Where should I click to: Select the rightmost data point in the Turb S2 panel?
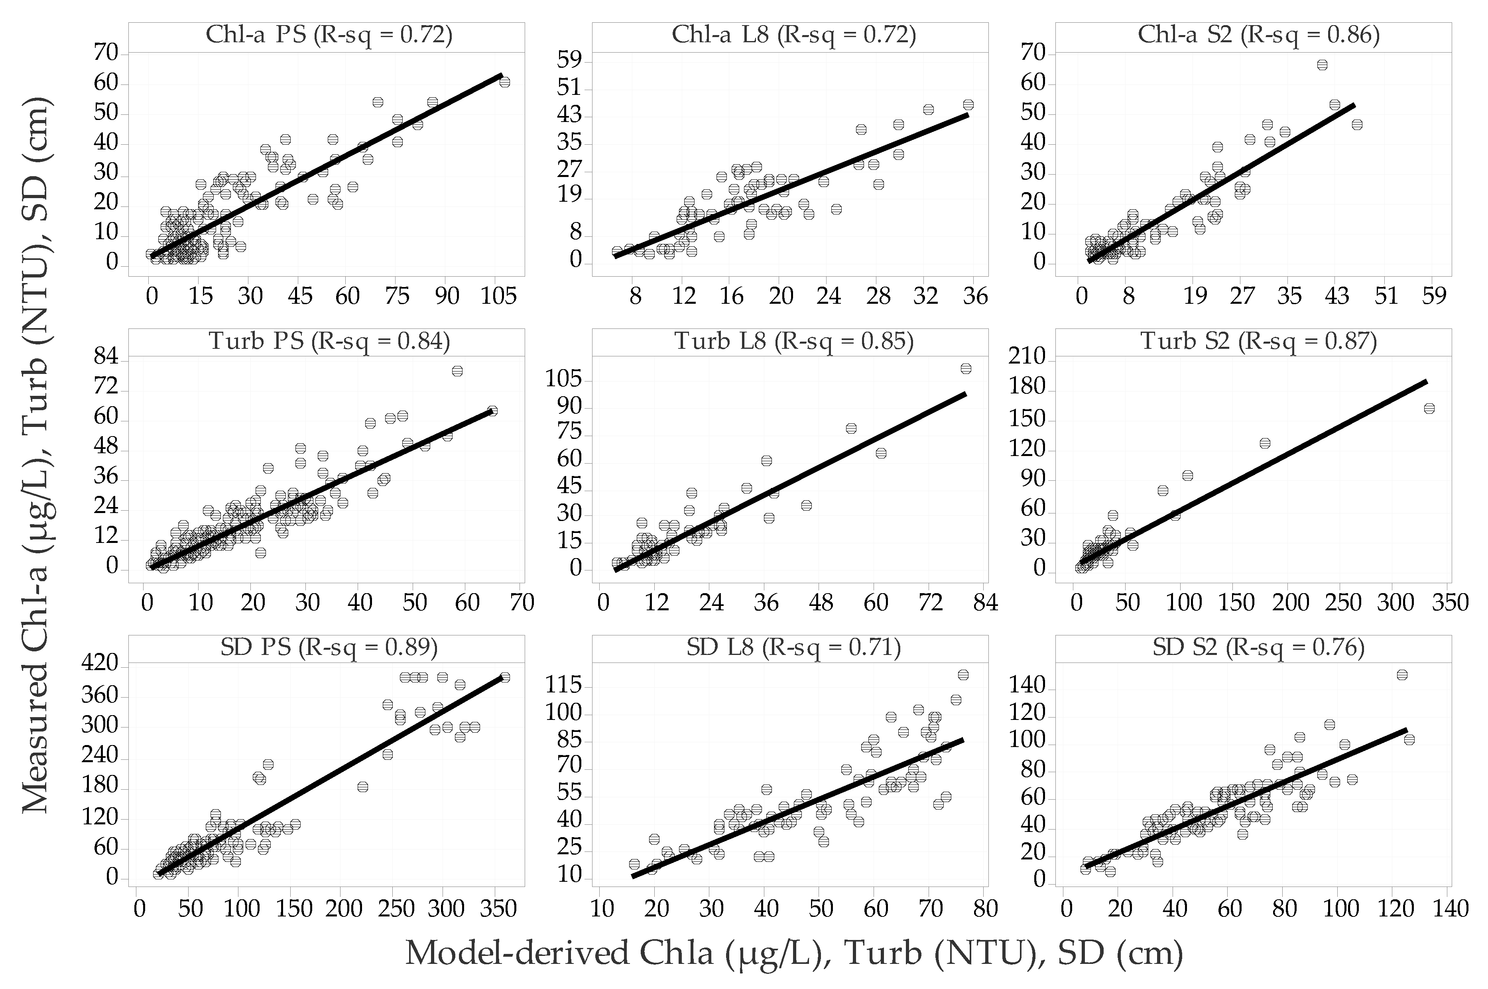click(x=1429, y=409)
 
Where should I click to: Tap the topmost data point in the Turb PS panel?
click(x=457, y=371)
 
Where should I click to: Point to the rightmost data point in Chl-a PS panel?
click(x=505, y=82)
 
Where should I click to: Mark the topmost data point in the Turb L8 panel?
click(x=966, y=368)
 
